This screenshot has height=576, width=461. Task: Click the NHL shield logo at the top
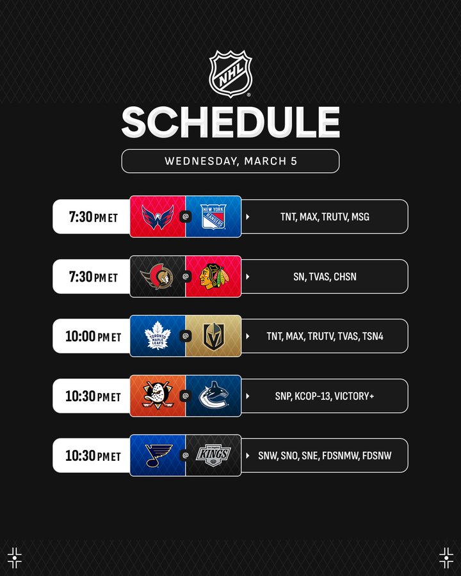coord(230,74)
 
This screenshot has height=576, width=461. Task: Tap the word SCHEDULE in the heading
coord(230,122)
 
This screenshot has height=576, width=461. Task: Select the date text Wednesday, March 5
coord(230,161)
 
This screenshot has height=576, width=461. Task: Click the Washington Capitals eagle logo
coord(158,217)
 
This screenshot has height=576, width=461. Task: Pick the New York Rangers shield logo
coord(213,217)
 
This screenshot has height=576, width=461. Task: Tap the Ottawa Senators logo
coord(157,276)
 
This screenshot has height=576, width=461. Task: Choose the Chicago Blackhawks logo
coord(214,276)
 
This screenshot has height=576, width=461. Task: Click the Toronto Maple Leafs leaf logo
coord(158,336)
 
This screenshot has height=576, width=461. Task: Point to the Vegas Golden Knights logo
coord(214,336)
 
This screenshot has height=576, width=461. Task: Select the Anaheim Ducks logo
coord(158,396)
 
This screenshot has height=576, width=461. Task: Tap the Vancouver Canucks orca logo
coord(214,396)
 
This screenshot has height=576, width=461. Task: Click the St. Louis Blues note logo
coord(158,456)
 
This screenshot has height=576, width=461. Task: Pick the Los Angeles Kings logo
coord(214,456)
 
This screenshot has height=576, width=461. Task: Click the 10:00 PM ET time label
coord(93,337)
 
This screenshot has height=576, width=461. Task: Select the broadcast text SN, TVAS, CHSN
coord(325,276)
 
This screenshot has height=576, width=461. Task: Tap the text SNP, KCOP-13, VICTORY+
coord(325,396)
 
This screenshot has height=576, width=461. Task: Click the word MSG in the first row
coord(360,217)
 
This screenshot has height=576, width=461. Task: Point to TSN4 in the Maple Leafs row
coord(373,336)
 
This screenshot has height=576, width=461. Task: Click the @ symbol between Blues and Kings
coord(186,456)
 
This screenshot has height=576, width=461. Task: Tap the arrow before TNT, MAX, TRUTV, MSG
coord(247,217)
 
